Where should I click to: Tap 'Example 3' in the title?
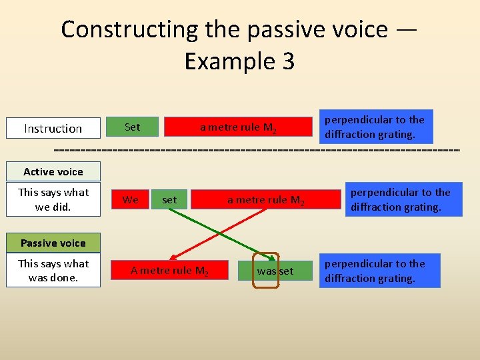coord(239,61)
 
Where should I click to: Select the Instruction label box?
coord(53,128)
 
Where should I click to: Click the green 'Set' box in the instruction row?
coord(132,127)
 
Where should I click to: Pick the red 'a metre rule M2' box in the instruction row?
coord(238,127)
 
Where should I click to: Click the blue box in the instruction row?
coord(375,127)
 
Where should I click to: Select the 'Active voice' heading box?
coord(53,171)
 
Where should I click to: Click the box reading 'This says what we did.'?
coord(53,199)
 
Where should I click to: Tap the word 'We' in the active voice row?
coord(131,199)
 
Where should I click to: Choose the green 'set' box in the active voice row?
coord(169,199)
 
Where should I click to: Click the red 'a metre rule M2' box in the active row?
coord(265,199)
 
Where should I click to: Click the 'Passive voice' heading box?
coord(53,243)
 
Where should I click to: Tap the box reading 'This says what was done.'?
coord(53,270)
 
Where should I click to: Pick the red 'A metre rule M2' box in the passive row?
coord(169,270)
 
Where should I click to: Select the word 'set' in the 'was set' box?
coord(285,271)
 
